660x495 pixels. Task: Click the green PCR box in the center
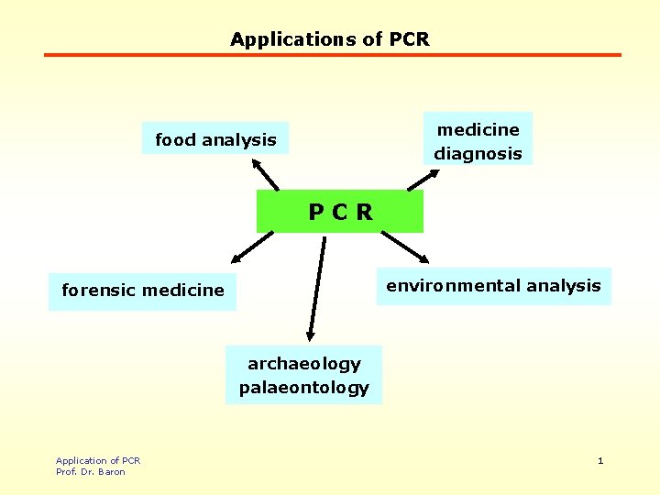tap(340, 212)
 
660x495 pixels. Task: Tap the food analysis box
tap(215, 139)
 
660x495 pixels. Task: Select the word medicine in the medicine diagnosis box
tap(478, 129)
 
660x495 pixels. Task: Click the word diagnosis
tap(478, 153)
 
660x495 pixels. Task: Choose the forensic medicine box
tap(142, 291)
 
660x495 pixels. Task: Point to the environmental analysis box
tap(493, 286)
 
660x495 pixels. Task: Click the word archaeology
tap(304, 363)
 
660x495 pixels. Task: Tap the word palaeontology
tap(304, 387)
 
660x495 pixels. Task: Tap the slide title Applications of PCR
tap(330, 39)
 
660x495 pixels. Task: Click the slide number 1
tap(600, 460)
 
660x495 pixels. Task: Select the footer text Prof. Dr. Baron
tap(91, 471)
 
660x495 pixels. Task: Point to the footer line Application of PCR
tap(98, 460)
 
